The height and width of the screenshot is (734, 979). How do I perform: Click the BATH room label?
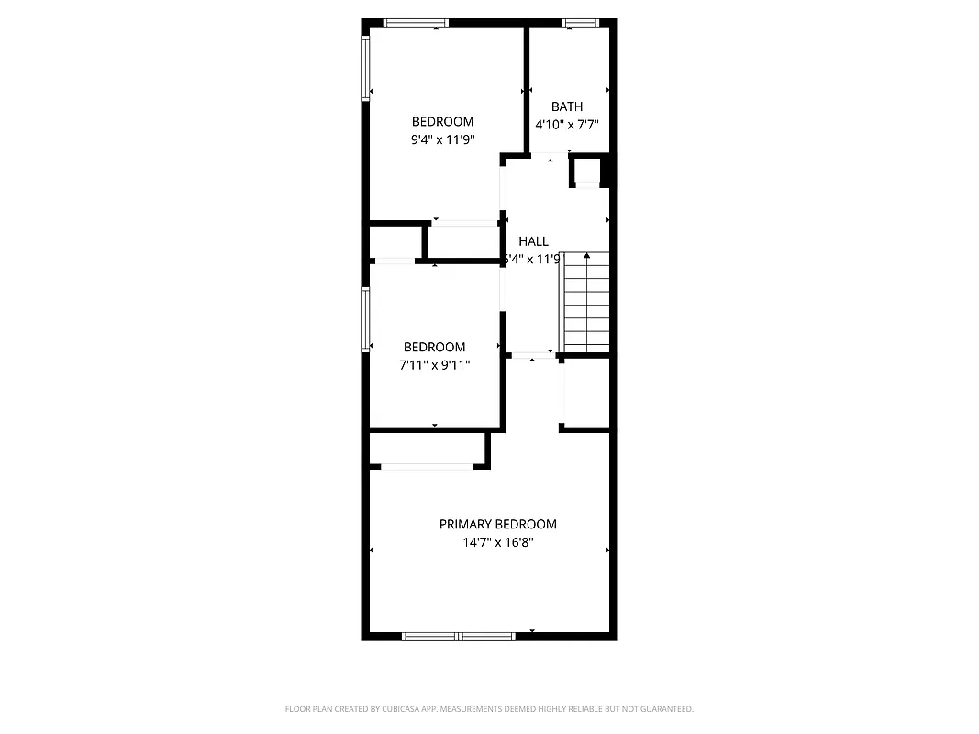tap(567, 106)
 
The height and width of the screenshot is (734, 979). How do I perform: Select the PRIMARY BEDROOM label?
tap(497, 525)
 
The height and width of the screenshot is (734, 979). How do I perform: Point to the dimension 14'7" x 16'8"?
tap(497, 542)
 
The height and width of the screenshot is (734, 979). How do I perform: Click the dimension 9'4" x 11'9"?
tap(442, 140)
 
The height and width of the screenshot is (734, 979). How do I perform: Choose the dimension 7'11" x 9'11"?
tap(435, 365)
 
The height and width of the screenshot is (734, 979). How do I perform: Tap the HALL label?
tap(533, 241)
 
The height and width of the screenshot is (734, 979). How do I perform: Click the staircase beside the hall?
tap(586, 303)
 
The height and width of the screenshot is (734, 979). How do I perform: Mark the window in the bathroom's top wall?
tap(580, 23)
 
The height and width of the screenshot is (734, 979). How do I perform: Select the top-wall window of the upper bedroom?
tap(416, 23)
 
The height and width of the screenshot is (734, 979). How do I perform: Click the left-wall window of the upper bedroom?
tap(365, 67)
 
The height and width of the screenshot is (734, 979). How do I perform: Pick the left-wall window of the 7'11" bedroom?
tap(365, 318)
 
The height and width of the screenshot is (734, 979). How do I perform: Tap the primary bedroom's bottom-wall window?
tap(459, 635)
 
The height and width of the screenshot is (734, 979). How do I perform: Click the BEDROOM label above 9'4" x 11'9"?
tap(442, 122)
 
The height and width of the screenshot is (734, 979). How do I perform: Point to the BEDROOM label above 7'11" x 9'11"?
tap(435, 347)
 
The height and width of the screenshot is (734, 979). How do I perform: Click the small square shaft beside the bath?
tap(586, 171)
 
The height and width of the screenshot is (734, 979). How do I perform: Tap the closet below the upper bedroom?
tap(463, 241)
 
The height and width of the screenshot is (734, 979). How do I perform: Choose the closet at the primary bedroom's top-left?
tap(428, 449)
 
